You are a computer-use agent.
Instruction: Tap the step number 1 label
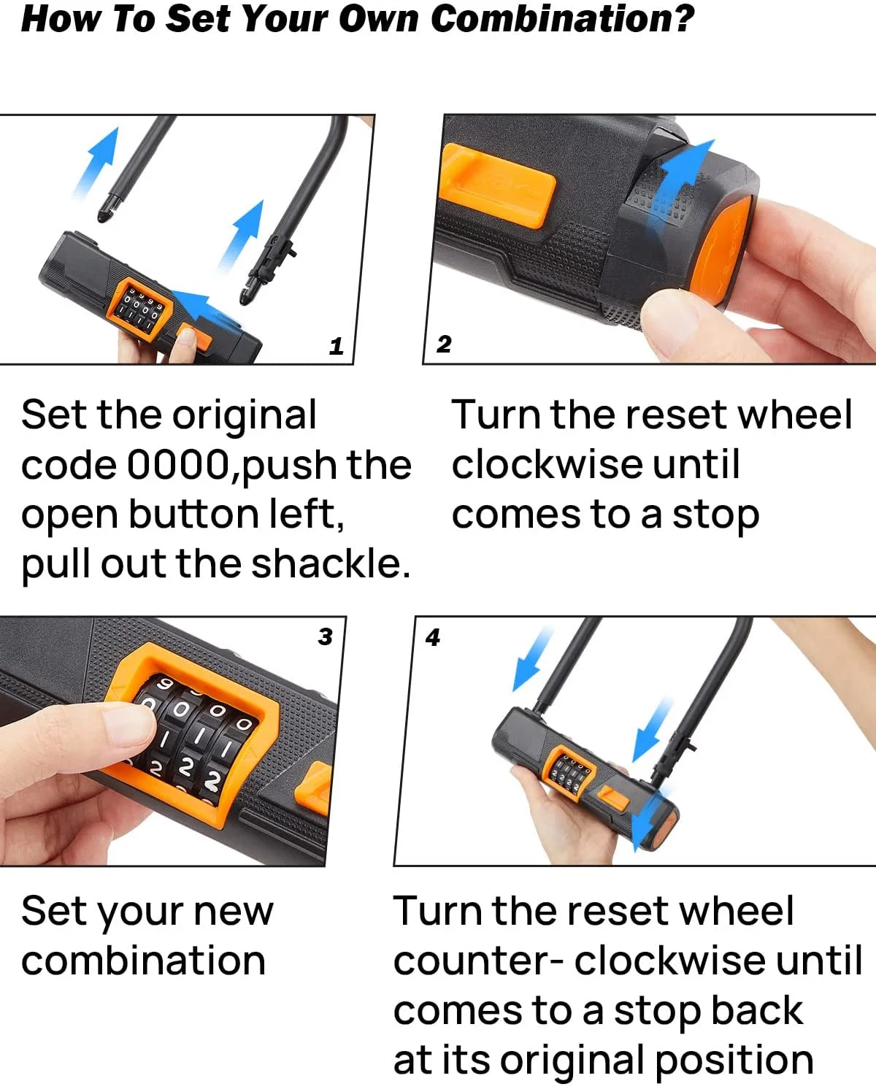pos(336,346)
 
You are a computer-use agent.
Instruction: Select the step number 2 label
pos(444,344)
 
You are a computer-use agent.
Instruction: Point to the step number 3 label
pos(325,636)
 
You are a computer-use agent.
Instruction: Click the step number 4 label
pos(433,637)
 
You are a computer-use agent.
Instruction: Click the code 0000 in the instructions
pos(178,464)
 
